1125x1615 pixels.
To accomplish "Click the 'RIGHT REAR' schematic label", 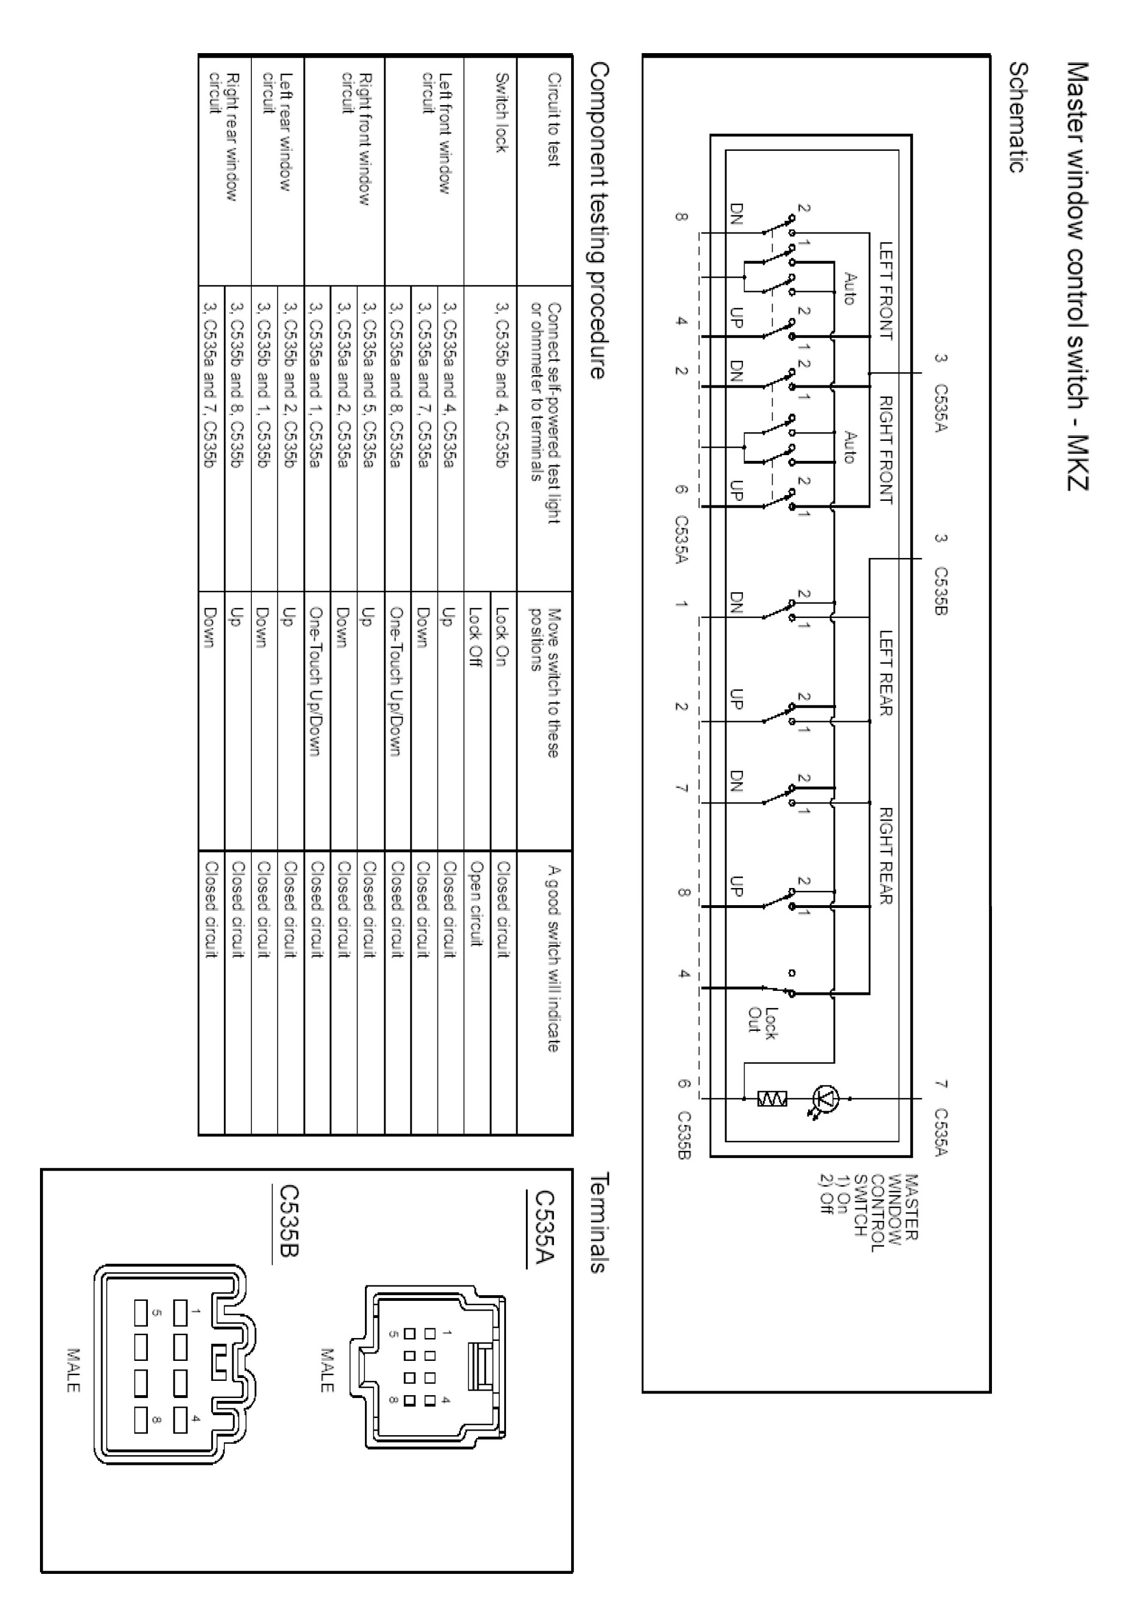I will (x=886, y=855).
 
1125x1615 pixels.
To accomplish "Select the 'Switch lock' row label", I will (x=500, y=113).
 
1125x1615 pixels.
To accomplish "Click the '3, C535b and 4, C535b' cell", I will (x=501, y=385).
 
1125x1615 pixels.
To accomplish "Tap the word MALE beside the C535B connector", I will (x=73, y=1369).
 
